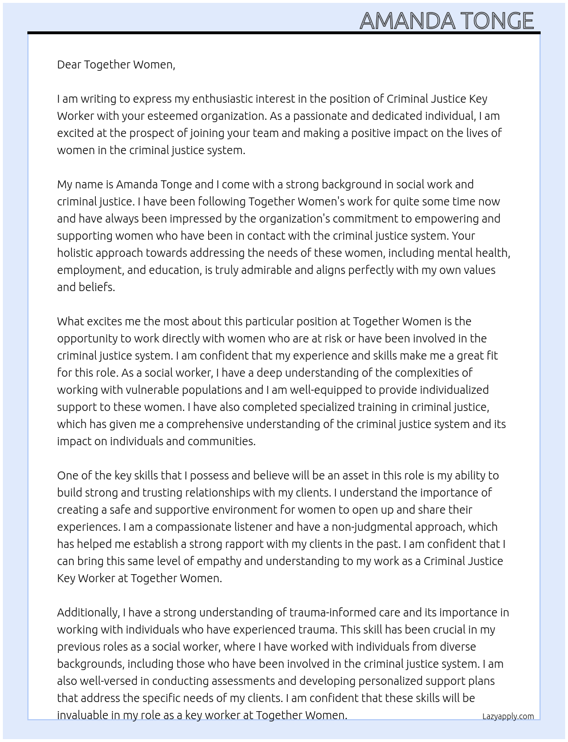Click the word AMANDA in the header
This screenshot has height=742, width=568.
[407, 21]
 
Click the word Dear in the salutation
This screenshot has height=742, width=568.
[69, 64]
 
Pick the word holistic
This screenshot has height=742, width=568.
[75, 253]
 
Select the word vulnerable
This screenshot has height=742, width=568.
[161, 390]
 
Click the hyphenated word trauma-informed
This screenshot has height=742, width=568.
[332, 612]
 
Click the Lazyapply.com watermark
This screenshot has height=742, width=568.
[508, 716]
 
